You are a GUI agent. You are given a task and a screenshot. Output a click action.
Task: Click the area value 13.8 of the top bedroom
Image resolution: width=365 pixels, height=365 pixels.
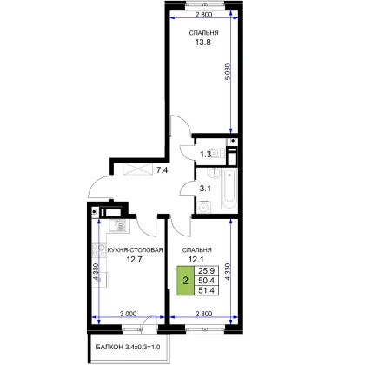(202, 43)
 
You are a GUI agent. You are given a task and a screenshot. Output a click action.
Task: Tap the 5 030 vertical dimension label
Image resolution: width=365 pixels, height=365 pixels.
(228, 72)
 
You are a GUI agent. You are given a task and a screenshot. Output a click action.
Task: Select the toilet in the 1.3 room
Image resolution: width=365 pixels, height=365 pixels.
(218, 153)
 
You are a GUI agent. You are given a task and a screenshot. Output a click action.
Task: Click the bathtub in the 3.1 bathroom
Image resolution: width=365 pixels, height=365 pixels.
(229, 189)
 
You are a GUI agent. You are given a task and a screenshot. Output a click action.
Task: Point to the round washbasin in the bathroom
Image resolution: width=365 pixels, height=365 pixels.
(213, 173)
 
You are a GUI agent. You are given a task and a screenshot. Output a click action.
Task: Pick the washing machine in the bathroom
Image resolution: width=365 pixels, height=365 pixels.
(204, 207)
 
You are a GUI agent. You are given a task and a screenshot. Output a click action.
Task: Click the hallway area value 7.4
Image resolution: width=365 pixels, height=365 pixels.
(162, 170)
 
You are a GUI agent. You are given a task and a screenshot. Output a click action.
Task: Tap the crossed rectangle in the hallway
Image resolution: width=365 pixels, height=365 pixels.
(138, 169)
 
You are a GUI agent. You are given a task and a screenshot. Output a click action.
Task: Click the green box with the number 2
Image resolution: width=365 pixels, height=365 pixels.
(185, 281)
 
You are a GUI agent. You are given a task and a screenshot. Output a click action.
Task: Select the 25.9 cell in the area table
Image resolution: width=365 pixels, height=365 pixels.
(206, 271)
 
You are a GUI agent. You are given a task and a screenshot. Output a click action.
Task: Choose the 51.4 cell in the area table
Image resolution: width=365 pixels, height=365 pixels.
(206, 290)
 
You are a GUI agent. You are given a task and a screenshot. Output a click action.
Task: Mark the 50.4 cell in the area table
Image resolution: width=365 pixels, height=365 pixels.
(206, 281)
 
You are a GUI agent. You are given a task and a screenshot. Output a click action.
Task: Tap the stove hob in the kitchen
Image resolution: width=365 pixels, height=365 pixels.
(99, 250)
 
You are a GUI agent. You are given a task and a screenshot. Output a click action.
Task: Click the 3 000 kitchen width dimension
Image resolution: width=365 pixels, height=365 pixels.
(128, 314)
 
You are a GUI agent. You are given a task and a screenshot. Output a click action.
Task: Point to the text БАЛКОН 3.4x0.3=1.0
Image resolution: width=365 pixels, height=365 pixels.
(128, 347)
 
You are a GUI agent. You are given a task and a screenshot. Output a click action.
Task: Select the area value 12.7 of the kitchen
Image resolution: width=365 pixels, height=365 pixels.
(134, 259)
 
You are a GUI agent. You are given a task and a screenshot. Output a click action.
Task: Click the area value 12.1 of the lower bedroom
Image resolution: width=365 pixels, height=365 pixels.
(196, 259)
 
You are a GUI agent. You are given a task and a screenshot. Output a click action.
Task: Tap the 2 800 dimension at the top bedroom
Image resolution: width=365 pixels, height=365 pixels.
(203, 15)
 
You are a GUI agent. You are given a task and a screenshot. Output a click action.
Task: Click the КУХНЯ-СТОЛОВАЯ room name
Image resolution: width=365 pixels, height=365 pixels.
(135, 249)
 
